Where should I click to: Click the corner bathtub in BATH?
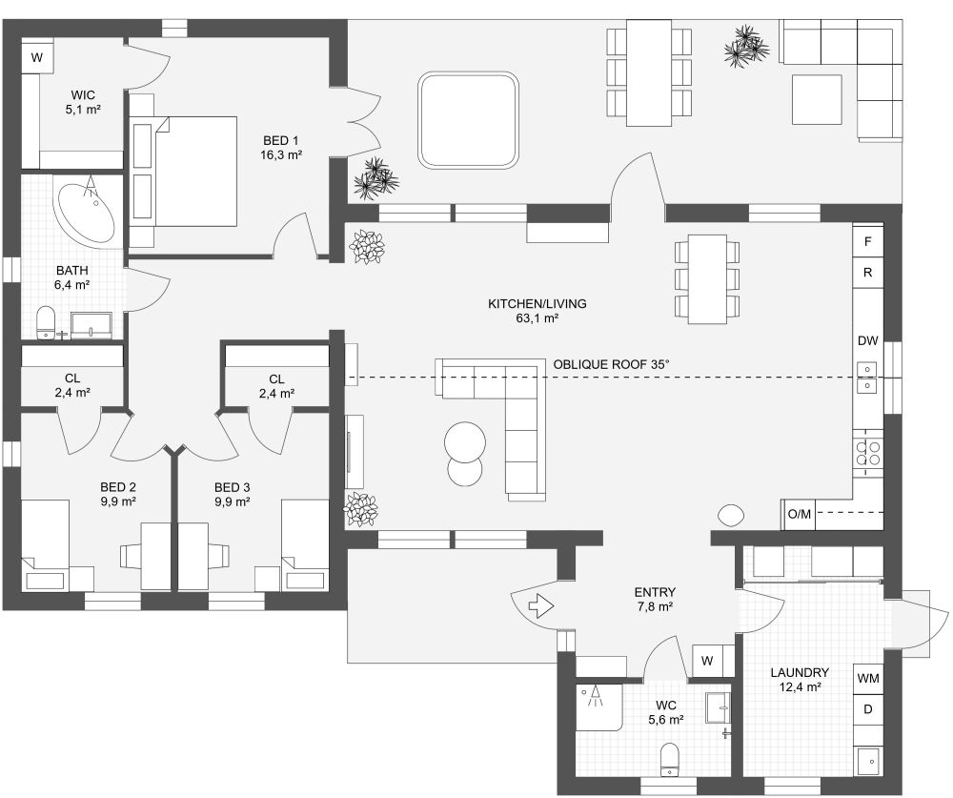86,210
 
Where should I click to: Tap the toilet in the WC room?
670,759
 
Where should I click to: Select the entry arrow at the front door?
540,605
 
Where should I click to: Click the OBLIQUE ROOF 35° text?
612,364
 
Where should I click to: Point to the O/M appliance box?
799,515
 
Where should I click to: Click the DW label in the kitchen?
867,340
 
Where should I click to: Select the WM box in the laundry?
867,678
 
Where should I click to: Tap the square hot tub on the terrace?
469,119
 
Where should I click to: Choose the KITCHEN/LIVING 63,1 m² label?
537,311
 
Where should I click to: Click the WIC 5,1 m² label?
83,102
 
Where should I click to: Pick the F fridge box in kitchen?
867,241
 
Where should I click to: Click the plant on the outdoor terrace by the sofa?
745,45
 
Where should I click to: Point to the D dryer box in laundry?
867,709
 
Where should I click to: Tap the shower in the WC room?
598,706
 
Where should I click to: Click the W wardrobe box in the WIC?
37,57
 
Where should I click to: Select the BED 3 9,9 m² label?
232,493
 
